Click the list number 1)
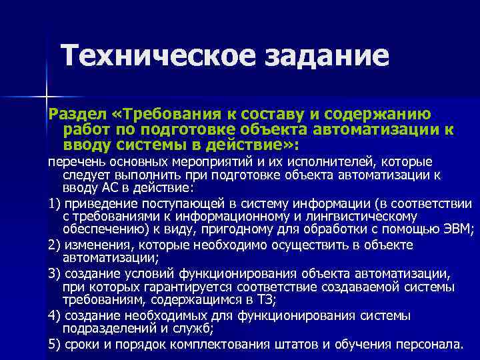click(55, 204)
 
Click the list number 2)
click(55, 245)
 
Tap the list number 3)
click(55, 273)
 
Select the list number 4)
click(55, 315)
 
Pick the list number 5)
click(55, 344)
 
